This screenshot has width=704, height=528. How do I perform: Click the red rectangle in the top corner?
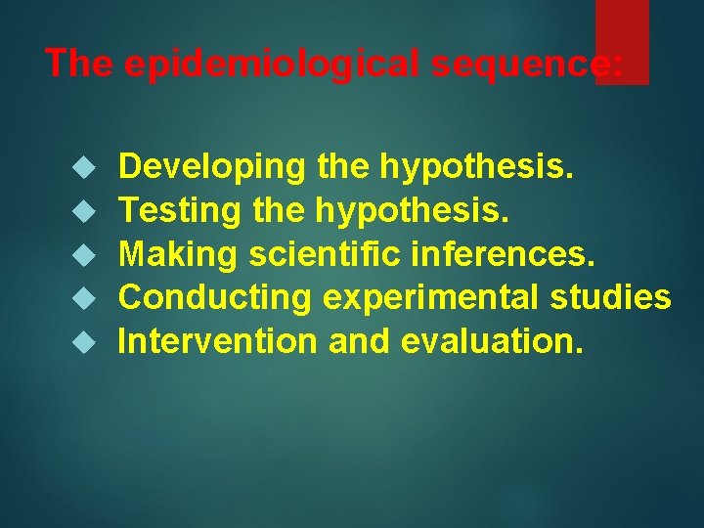(622, 41)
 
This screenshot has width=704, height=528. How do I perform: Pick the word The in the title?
(80, 64)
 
